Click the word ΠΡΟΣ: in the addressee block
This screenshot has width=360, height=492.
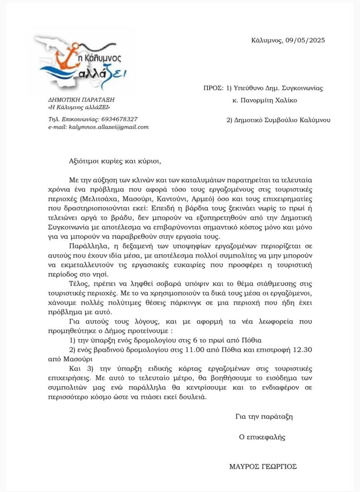point(213,88)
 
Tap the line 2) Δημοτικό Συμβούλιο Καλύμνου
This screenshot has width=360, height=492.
point(278,120)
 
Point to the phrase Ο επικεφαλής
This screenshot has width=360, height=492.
point(262,437)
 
